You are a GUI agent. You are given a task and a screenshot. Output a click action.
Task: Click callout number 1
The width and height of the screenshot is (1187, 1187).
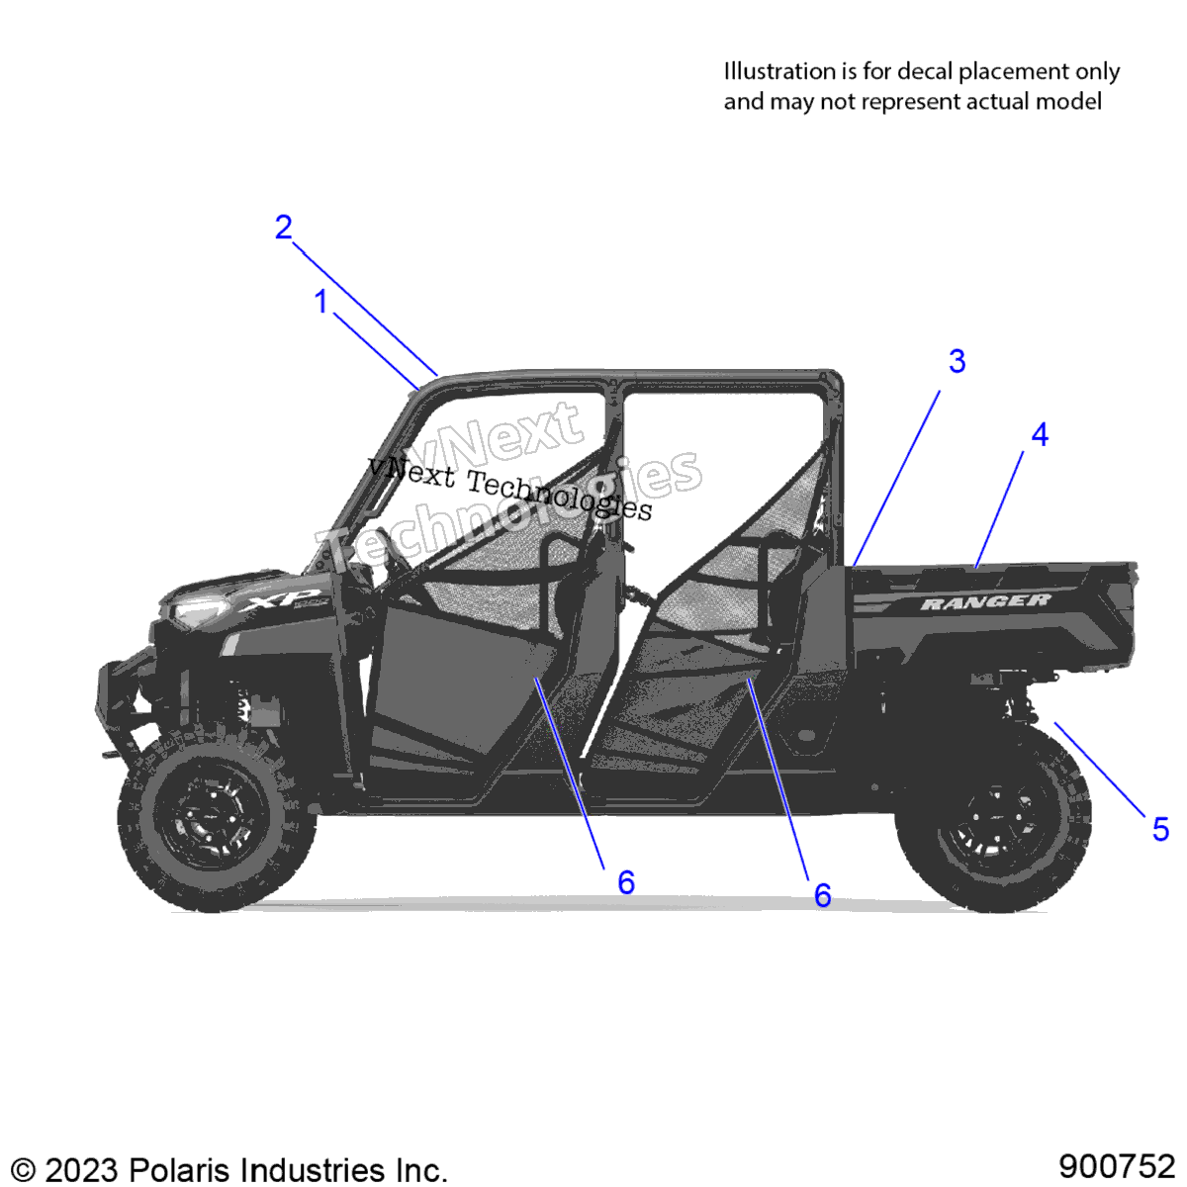point(320,302)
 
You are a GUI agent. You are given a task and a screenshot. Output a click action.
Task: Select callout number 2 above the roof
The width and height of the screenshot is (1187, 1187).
point(283,228)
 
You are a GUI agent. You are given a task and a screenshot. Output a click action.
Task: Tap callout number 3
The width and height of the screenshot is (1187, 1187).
point(957,361)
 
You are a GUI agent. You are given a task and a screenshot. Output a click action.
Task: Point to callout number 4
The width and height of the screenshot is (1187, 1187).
point(1040,435)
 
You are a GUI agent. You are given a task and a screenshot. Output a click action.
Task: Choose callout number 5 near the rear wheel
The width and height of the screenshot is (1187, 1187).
point(1160,829)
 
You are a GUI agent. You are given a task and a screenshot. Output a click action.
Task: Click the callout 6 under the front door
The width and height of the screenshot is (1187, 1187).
point(626,882)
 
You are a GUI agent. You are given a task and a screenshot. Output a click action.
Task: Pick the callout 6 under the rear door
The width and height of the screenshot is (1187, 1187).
point(822,895)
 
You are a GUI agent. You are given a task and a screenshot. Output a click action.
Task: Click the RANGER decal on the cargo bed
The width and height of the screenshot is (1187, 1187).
point(986,601)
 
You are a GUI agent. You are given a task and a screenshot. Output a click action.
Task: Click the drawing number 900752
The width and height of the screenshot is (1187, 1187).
point(1117,1166)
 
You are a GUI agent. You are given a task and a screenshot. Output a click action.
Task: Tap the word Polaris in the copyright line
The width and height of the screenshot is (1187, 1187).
point(179,1170)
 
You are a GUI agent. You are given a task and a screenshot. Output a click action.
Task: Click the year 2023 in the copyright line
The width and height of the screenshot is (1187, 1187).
point(81,1170)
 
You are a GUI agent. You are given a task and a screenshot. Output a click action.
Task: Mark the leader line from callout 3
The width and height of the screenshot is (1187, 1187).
point(897,478)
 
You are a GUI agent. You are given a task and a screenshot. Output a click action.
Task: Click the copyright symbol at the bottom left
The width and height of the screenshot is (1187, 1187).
point(23,1170)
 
